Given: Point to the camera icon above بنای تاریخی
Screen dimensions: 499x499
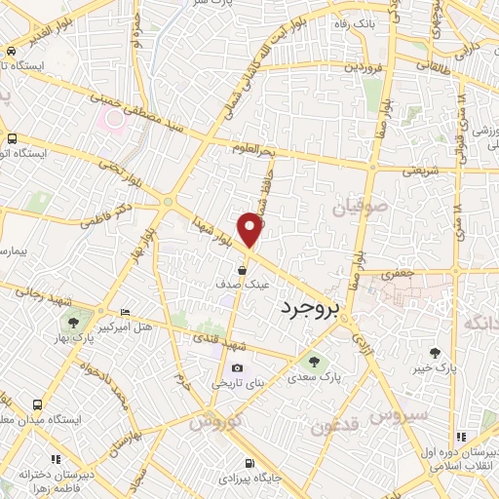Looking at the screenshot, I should (238, 367).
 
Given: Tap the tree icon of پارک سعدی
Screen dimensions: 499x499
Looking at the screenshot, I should (312, 359).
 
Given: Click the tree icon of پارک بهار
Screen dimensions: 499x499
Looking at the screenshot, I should (72, 321).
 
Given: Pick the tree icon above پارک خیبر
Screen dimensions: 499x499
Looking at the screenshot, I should (435, 353).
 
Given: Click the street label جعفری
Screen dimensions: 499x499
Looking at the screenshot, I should (397, 274).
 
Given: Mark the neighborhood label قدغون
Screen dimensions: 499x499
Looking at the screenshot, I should (334, 425).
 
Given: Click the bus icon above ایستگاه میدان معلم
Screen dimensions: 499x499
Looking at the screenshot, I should (37, 404).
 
